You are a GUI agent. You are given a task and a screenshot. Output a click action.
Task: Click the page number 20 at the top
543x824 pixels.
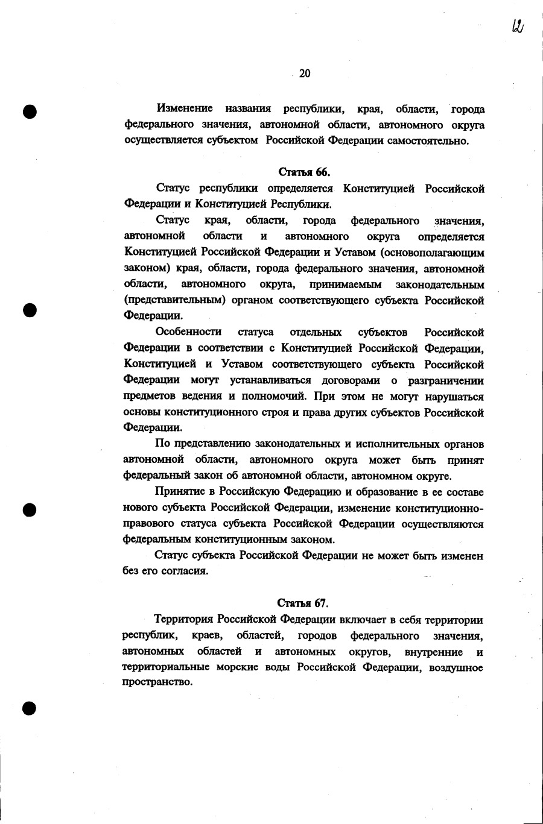pos(304,74)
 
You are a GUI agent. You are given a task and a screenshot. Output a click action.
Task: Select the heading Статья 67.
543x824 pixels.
pos(302,603)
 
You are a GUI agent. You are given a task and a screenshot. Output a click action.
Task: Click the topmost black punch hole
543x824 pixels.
pos(30,112)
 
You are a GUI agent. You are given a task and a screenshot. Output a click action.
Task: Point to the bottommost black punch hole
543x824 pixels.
pos(30,708)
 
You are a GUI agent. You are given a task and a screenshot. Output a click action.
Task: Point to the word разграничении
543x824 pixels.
pos(446,380)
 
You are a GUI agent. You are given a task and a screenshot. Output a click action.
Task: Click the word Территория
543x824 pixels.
pos(184,620)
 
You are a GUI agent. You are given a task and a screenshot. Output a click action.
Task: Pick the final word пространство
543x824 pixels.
pos(157,684)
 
